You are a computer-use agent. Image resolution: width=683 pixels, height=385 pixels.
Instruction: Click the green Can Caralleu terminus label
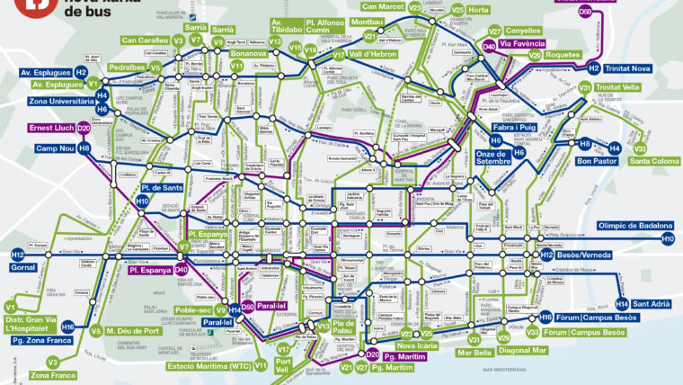(x=145, y=40)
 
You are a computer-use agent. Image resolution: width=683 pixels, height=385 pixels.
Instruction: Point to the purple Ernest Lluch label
(x=51, y=128)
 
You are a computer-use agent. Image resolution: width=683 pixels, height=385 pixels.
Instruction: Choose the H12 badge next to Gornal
(x=17, y=255)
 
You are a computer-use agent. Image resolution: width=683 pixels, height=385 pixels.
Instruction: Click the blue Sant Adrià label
(x=650, y=304)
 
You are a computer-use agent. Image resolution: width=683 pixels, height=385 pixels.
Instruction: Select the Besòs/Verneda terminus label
(x=590, y=255)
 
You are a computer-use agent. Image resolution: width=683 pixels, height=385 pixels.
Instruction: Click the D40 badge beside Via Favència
(x=489, y=45)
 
